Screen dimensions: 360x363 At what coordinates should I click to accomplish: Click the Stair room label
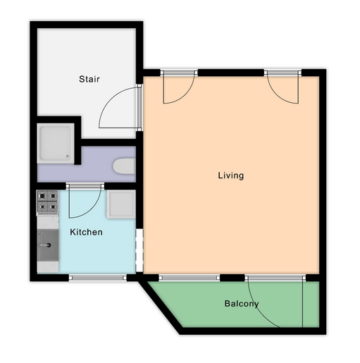pyautogui.click(x=89, y=79)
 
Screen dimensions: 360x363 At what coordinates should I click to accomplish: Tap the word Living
pyautogui.click(x=231, y=176)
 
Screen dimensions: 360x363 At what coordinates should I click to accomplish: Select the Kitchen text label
pyautogui.click(x=86, y=232)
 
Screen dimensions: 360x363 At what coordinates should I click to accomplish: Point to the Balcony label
pyautogui.click(x=242, y=304)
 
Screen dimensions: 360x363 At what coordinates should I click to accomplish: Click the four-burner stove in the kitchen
pyautogui.click(x=47, y=202)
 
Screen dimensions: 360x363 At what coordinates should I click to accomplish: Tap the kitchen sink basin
pyautogui.click(x=48, y=245)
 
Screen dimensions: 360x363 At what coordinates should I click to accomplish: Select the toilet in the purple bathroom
pyautogui.click(x=124, y=166)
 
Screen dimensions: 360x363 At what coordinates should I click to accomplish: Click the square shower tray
pyautogui.click(x=56, y=143)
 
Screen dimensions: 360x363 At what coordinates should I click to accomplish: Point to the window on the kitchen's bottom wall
pyautogui.click(x=97, y=278)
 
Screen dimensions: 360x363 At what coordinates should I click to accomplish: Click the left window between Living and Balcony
pyautogui.click(x=190, y=278)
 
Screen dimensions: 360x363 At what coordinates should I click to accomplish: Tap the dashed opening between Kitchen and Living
pyautogui.click(x=139, y=250)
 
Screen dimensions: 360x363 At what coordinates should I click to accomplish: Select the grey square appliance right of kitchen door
pyautogui.click(x=121, y=204)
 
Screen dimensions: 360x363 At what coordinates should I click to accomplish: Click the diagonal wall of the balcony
pyautogui.click(x=161, y=307)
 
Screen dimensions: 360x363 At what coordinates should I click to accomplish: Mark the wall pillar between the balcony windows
pyautogui.click(x=232, y=278)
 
